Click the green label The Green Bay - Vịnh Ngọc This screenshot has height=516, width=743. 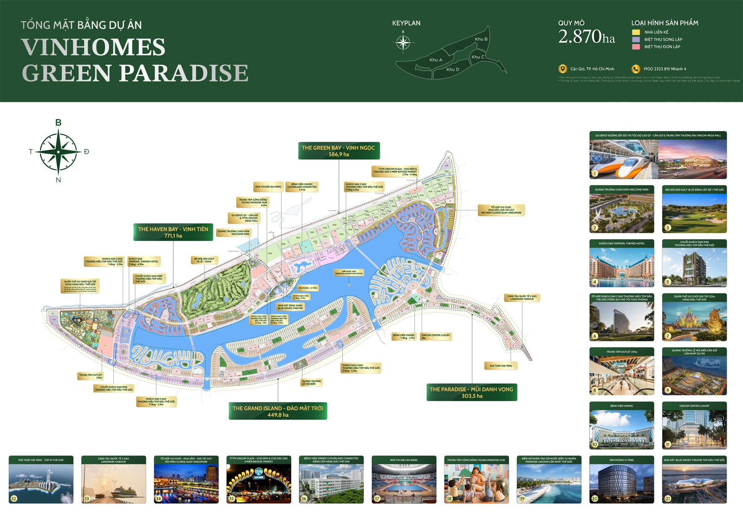coord(339,150)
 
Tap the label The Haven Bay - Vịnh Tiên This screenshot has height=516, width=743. coord(173,232)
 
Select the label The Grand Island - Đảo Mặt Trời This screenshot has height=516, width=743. coord(278,411)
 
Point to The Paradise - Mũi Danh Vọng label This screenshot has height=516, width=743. coord(471,392)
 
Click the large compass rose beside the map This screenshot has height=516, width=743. coord(59,151)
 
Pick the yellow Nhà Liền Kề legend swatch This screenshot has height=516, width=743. coord(636,32)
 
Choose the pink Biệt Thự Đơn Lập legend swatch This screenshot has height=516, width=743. coord(636,47)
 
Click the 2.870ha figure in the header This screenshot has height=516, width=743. coord(587,37)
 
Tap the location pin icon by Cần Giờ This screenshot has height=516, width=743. coord(562,69)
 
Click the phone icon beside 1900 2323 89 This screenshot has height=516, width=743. coord(635,69)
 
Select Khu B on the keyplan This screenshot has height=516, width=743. coord(481,39)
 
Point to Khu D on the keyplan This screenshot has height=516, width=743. coord(453,70)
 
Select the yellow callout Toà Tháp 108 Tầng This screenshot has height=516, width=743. coord(501,366)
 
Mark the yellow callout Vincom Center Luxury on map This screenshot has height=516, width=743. coord(436,336)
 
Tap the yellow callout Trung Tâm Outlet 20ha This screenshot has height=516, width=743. coord(91,376)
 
